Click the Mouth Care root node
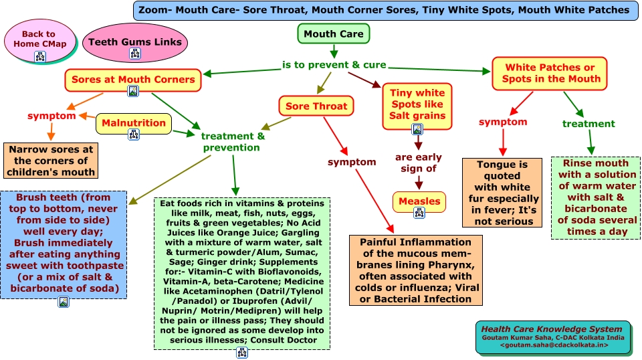333,34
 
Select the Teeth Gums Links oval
135,41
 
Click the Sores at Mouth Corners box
133,80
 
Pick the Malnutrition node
134,123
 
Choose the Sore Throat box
316,106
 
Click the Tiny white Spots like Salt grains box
417,105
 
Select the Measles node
419,201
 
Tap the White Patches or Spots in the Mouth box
549,73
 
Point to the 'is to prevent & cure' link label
334,65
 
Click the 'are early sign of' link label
418,163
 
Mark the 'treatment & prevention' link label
233,141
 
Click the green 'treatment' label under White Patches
588,124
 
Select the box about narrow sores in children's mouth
51,161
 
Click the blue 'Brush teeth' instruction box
64,245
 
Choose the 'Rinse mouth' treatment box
595,197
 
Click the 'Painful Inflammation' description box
415,270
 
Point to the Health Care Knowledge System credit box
553,337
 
